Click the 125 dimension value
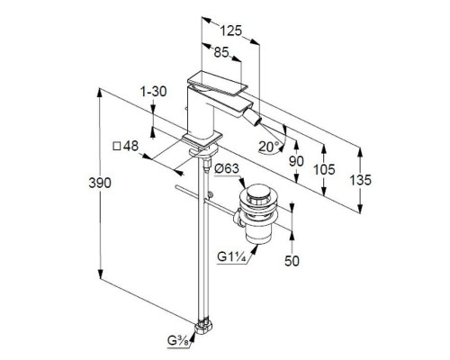231,31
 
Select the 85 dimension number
221,52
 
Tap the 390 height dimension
100,183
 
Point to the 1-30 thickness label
154,91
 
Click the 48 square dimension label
125,146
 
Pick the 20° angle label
269,147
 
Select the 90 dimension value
296,161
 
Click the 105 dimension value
324,170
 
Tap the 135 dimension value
361,180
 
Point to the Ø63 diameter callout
227,169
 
